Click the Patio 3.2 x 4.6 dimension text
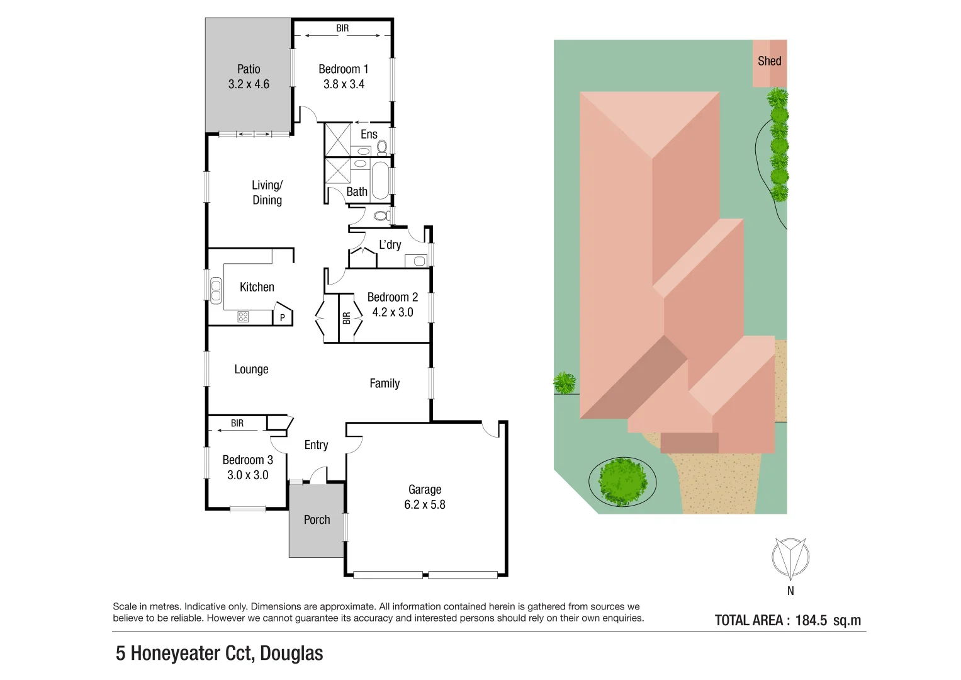pos(249,84)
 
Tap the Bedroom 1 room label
pos(343,69)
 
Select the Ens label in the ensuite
pos(369,134)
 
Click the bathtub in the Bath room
pos(380,181)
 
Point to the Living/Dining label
pos(267,193)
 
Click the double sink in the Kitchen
pos(216,290)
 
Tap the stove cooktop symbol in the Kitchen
pos(243,317)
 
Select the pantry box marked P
pos(282,317)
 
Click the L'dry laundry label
pos(390,244)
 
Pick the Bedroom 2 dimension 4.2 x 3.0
pos(393,312)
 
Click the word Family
pos(384,383)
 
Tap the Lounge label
pos(251,370)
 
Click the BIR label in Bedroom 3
pos(237,423)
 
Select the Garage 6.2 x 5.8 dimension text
pos(424,505)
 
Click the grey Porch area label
pos(317,520)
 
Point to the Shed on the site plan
pos(769,62)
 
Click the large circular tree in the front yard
pos(622,482)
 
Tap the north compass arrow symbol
pos(790,558)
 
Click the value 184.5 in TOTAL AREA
pos(811,621)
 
